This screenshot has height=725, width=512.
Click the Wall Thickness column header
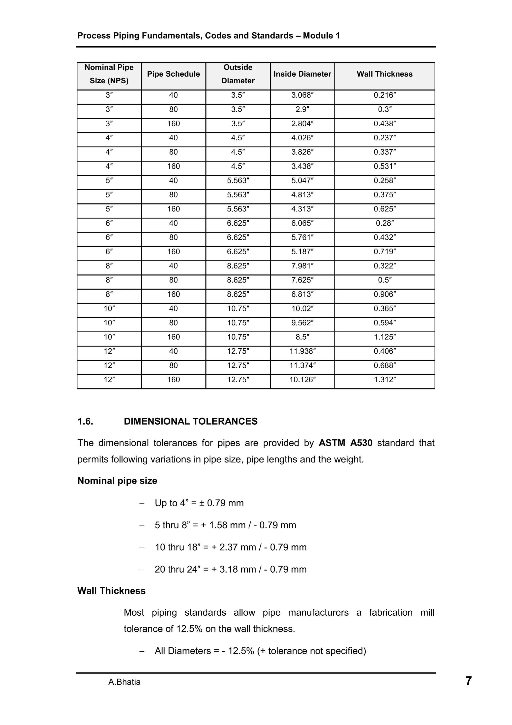[384, 74]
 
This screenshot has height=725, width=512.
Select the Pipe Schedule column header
[173, 74]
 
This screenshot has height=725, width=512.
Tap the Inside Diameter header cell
[302, 74]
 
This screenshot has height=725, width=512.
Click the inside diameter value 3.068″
[302, 95]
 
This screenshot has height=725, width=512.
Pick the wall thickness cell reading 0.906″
[384, 294]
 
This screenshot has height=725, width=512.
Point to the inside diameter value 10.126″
[302, 380]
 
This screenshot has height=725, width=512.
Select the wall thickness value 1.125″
[384, 337]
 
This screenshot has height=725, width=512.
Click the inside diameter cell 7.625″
[302, 280]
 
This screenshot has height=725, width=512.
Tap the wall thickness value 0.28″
[384, 223]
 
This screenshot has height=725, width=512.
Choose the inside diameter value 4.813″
[302, 195]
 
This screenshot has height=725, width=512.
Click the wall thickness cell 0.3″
[384, 109]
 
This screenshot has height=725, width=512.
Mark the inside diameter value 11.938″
[302, 351]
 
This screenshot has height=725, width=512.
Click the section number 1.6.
[85, 421]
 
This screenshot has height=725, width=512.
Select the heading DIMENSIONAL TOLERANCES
[190, 421]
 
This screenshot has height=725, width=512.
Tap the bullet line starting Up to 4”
[199, 503]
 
